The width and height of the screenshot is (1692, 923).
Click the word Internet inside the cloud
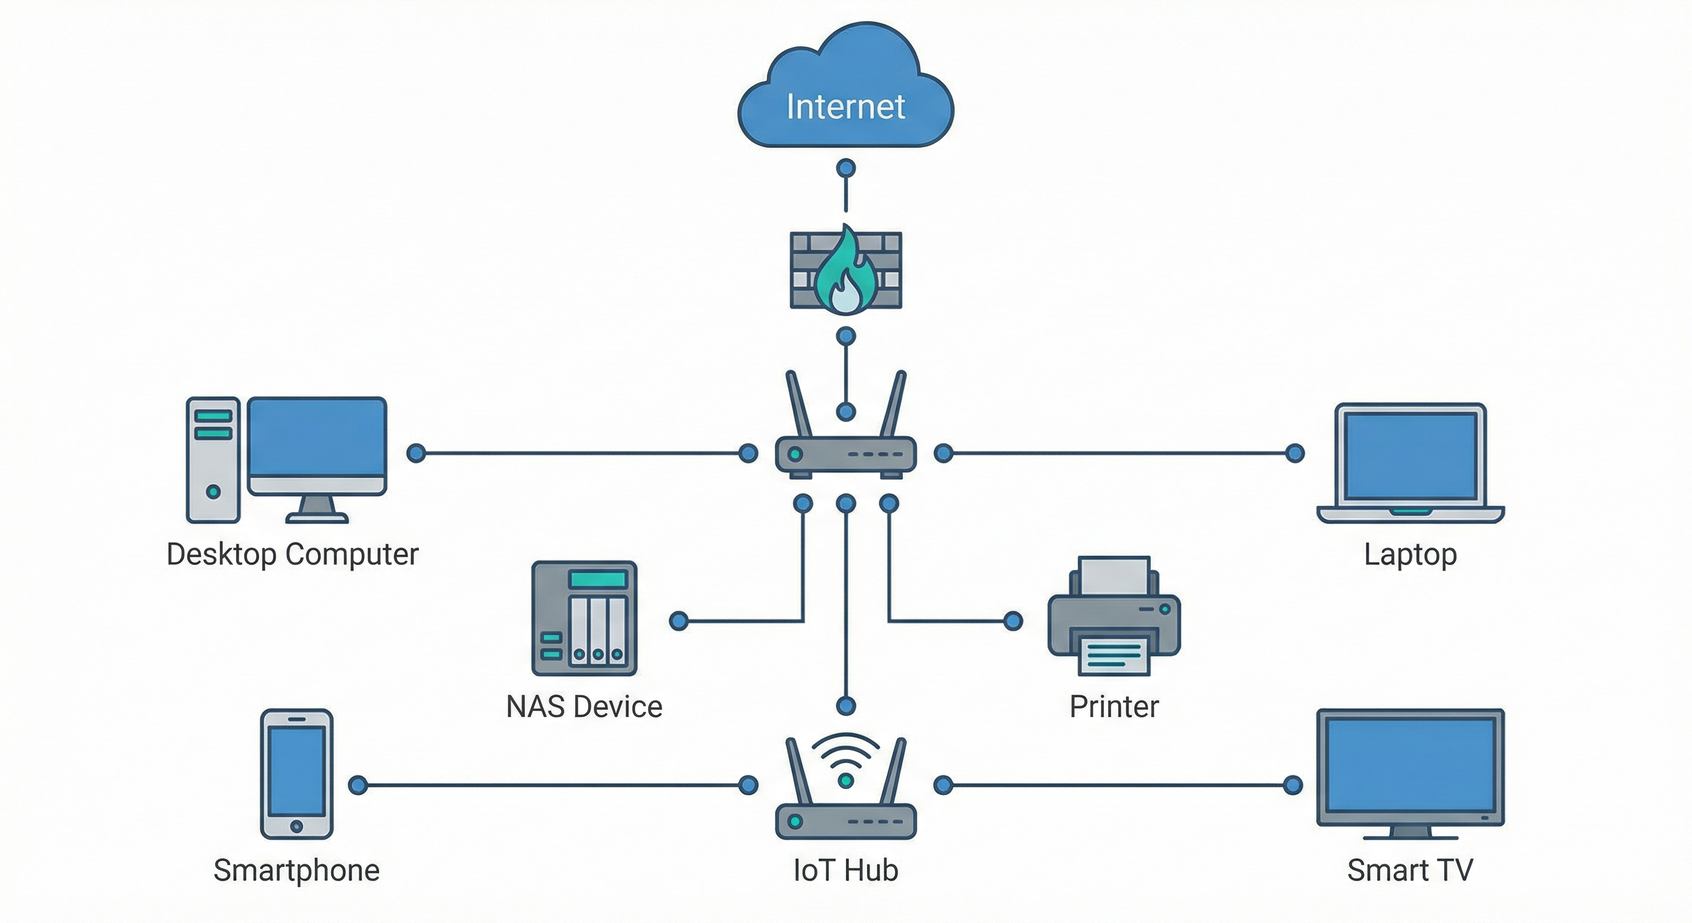coord(845,107)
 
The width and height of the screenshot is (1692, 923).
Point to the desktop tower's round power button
coord(213,492)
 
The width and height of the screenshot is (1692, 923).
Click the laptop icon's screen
coord(1410,456)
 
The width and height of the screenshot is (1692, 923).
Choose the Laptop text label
coord(1410,555)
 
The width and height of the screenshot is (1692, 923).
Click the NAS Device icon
coord(584,618)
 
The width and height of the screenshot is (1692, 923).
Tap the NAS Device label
coord(584,707)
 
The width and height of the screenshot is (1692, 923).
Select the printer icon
coord(1114,618)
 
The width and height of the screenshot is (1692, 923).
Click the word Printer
coord(1114,707)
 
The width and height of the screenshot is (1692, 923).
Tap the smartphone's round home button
coord(296,826)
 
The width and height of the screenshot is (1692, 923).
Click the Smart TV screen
coord(1410,765)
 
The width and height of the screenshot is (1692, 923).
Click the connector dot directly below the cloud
coord(845,168)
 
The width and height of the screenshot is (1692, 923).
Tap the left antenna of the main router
coord(799,403)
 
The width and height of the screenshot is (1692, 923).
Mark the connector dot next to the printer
coord(1013,621)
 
